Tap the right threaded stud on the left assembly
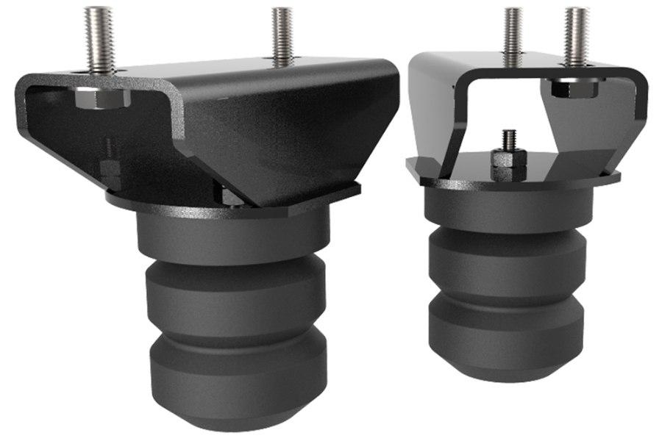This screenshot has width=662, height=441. click(x=282, y=35)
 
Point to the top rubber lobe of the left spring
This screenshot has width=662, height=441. click(x=234, y=235)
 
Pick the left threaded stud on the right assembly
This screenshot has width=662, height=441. click(x=513, y=33)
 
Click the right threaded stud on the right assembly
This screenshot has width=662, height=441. click(x=576, y=33)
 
